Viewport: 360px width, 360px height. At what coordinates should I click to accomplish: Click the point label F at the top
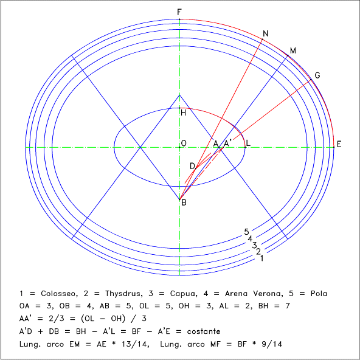pos(179,12)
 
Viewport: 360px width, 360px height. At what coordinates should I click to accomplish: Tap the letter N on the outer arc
pos(265,34)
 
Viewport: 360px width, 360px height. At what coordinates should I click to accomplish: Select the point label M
pos(292,50)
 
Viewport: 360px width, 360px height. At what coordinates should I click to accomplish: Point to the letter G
pos(317,75)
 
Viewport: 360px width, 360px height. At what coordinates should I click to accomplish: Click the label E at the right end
pos(339,144)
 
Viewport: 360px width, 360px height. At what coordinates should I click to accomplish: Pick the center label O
pos(184,144)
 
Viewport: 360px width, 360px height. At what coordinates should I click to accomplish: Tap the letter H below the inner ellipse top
pos(183,112)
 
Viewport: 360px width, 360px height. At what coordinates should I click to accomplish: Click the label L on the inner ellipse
pos(248,144)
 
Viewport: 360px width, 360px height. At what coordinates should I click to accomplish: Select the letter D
pos(192,166)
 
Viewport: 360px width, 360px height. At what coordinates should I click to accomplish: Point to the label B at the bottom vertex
pos(184,202)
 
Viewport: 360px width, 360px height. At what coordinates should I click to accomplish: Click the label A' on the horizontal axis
pos(227,144)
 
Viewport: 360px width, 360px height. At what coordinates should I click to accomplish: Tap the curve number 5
pos(246,232)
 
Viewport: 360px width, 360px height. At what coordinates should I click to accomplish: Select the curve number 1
pos(261,258)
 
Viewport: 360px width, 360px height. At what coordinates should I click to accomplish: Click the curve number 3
pos(254,246)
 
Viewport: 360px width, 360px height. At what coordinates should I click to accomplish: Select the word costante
pos(204,331)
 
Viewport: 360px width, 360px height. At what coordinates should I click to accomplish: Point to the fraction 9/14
pos(272,344)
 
